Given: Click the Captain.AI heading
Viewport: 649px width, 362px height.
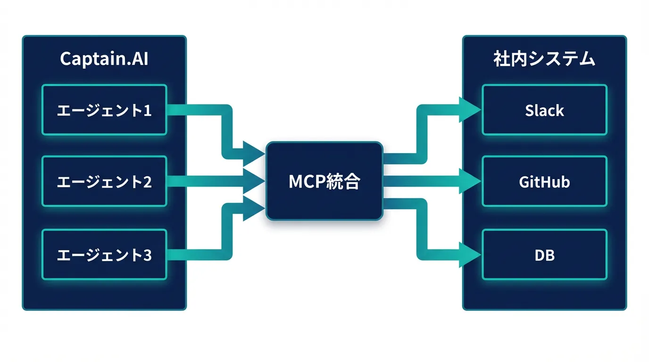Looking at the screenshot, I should [x=104, y=59].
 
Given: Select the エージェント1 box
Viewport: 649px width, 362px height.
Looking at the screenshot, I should [x=104, y=110].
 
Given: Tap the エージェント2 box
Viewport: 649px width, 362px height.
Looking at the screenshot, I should [x=104, y=181].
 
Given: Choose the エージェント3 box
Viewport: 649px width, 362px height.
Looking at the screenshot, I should [x=104, y=255].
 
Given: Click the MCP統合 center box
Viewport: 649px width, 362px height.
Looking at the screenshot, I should [x=324, y=181].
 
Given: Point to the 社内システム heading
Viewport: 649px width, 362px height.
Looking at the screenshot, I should [x=544, y=59].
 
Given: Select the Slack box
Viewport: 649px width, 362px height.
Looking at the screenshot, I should [x=544, y=110].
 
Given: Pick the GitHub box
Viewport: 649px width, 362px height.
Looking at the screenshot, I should [x=544, y=181].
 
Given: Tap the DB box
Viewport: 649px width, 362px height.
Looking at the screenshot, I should [x=544, y=255].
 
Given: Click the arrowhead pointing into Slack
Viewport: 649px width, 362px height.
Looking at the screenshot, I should [x=470, y=110].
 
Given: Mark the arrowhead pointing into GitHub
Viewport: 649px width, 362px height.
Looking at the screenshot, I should [x=470, y=181].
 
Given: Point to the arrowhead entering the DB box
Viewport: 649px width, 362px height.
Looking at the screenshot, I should [x=470, y=255].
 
